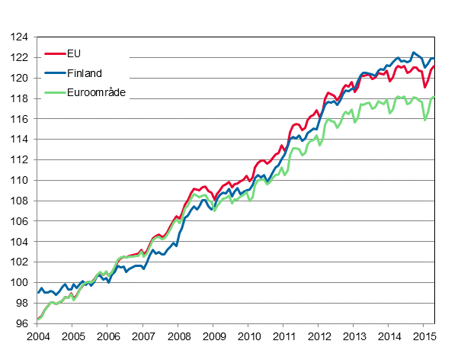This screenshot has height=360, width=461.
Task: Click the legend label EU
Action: pos(75,53)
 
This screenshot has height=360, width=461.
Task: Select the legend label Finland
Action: pos(84,73)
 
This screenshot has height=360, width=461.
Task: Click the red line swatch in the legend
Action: pos(55,54)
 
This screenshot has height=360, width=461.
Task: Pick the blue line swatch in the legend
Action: pos(55,73)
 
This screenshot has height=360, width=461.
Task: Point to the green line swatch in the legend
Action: pos(55,93)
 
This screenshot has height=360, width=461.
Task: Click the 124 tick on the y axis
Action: pos(21,37)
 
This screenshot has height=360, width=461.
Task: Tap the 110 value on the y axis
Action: pos(21,181)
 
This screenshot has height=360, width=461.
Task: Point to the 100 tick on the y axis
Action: pos(21,283)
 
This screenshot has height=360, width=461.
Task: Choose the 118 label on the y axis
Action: pos(21,99)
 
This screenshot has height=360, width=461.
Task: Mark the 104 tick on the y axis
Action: pos(21,242)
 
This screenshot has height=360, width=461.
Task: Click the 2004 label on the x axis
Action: pos(37,336)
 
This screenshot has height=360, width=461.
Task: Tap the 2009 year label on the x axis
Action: pos(213,336)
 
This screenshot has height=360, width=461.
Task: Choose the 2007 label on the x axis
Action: pos(143,336)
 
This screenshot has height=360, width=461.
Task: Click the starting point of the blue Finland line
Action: pos(38,293)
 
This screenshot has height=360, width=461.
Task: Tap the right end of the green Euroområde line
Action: pos(435,97)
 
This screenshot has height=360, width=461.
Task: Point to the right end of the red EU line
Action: pos(435,66)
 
